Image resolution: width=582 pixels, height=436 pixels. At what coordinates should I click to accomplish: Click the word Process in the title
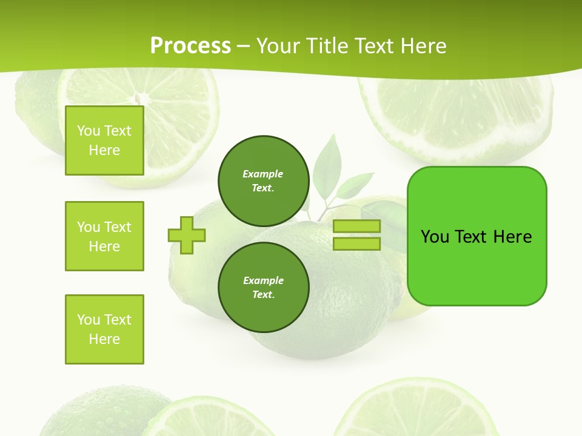click(x=190, y=46)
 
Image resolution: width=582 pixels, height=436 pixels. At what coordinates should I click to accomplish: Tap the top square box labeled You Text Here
click(x=104, y=140)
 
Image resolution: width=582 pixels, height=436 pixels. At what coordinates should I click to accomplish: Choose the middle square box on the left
click(x=104, y=236)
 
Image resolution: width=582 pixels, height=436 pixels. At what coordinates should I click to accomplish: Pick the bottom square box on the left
click(x=104, y=329)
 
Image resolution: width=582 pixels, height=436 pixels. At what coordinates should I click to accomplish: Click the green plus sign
click(x=187, y=235)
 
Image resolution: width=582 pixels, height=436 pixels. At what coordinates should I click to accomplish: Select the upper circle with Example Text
click(x=263, y=181)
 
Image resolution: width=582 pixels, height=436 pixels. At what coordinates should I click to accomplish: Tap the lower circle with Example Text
click(x=263, y=287)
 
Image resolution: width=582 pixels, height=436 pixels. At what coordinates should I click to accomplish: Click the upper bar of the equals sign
click(x=356, y=226)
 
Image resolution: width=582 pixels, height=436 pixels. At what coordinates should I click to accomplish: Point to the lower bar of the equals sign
click(x=356, y=243)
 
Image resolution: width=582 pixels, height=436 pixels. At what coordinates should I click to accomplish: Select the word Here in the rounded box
click(x=512, y=237)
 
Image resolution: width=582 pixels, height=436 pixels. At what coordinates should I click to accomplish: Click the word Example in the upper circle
click(x=263, y=174)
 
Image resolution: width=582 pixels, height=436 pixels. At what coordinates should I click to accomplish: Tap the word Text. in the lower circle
click(x=263, y=295)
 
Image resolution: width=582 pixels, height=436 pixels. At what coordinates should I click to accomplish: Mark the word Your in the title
click(x=278, y=46)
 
